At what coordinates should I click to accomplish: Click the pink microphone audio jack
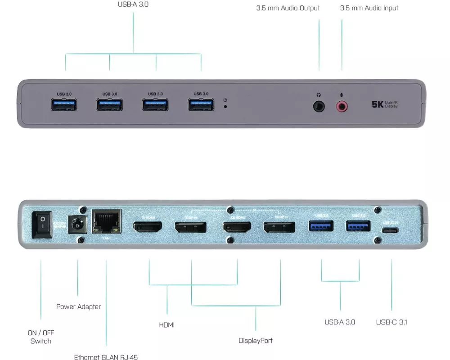(x=342, y=106)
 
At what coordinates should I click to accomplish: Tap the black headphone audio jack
(x=319, y=106)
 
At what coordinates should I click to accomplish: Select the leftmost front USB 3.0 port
(x=64, y=104)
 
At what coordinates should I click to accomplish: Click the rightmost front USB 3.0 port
(x=201, y=104)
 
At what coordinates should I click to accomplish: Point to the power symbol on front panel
(x=225, y=100)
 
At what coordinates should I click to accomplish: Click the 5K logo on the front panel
(x=377, y=104)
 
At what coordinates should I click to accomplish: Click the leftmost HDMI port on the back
(x=148, y=227)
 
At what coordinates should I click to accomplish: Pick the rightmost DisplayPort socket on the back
(x=279, y=227)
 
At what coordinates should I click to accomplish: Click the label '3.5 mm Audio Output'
(x=288, y=8)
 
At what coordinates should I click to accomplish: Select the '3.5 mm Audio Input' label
(x=369, y=8)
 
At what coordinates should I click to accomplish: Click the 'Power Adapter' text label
(x=78, y=307)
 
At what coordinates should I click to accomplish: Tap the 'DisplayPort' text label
(x=256, y=341)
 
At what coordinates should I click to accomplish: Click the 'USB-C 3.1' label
(x=391, y=322)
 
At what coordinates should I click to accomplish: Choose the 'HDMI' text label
(x=166, y=325)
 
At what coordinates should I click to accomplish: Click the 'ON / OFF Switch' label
(x=40, y=337)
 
